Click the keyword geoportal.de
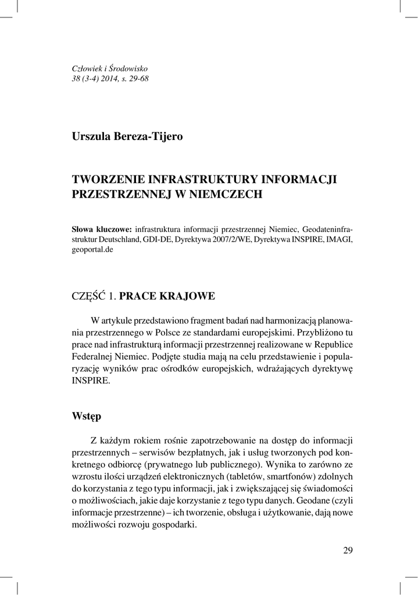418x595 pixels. [92, 250]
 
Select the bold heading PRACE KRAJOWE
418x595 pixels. [171, 296]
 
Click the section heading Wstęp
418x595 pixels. [86, 416]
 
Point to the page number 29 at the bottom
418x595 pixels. [348, 550]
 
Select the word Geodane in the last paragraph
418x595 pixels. [312, 501]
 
